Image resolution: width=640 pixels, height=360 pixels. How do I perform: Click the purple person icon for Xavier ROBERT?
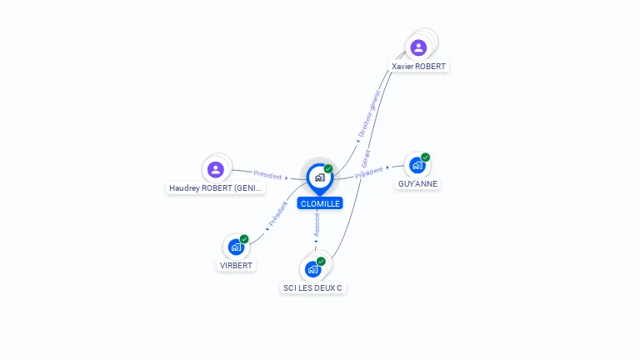pos(418,47)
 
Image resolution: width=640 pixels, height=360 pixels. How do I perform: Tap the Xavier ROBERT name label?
pos(418,66)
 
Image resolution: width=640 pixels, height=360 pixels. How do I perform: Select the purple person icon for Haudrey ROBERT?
pos(216,169)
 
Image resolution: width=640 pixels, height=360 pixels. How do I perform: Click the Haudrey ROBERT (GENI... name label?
pos(216,188)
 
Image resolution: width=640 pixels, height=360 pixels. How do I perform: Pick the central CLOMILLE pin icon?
pos(320,178)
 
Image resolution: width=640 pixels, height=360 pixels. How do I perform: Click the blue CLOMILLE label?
pos(320,203)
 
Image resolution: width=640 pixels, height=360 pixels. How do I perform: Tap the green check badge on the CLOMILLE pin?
pos(328,168)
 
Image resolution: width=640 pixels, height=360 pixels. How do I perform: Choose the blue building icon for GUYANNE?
pos(417,165)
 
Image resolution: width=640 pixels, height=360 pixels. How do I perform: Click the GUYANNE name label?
pos(417,183)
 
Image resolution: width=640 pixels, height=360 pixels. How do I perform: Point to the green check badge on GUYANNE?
pos(425,157)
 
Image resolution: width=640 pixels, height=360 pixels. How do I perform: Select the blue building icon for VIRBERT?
pos(236,247)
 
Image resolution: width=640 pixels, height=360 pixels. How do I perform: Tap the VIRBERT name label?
pos(236,265)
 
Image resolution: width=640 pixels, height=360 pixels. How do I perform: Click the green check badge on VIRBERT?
pos(244,239)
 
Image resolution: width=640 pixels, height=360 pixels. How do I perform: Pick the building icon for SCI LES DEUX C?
pos(312,269)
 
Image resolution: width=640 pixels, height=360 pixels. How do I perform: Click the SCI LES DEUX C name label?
pos(312,287)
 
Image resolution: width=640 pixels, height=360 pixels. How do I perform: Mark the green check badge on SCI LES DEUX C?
pos(321,261)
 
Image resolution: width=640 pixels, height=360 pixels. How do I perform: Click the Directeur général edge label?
pos(369,113)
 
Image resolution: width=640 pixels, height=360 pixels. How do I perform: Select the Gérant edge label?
pos(366,159)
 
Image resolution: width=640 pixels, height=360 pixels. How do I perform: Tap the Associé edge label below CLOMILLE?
pos(317,224)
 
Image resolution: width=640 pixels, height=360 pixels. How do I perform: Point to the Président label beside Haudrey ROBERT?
pos(267,175)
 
